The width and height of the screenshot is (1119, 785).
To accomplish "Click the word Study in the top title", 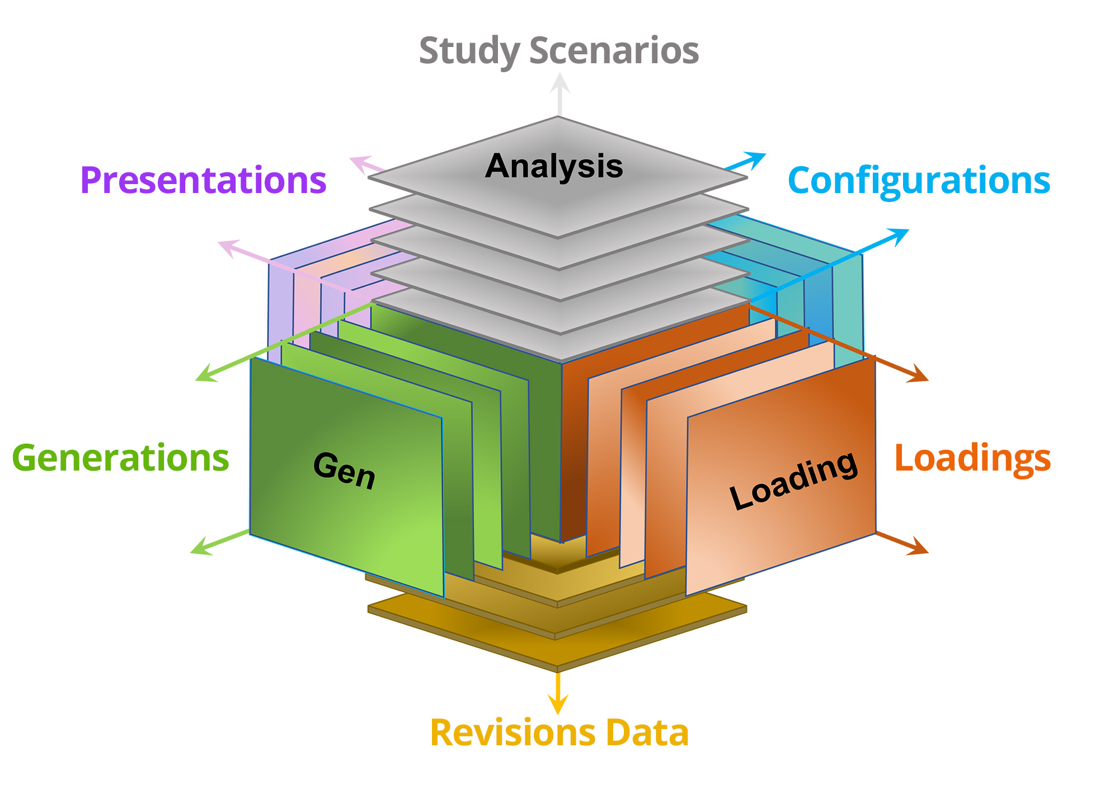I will click(x=469, y=51).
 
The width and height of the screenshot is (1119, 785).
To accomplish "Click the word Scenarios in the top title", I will click(x=614, y=50).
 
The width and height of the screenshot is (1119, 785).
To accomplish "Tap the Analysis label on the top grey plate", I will click(x=554, y=166).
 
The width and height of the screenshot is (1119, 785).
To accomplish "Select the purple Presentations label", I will click(x=203, y=180).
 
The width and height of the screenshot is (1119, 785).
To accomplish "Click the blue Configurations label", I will click(x=919, y=180).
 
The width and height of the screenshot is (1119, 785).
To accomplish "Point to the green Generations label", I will click(x=120, y=458).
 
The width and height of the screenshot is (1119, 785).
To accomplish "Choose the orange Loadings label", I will click(x=972, y=458).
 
